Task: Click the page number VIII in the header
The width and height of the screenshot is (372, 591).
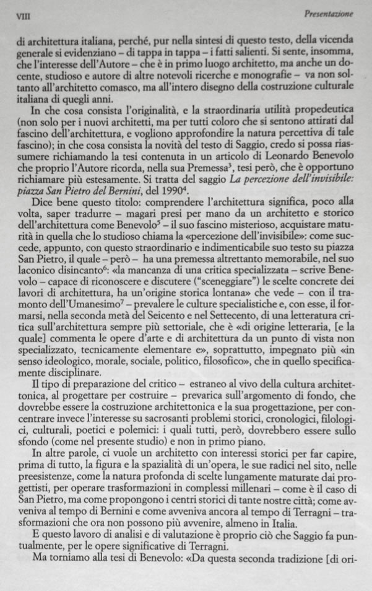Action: click(x=23, y=13)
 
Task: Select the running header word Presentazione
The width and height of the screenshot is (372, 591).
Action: click(x=338, y=12)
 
